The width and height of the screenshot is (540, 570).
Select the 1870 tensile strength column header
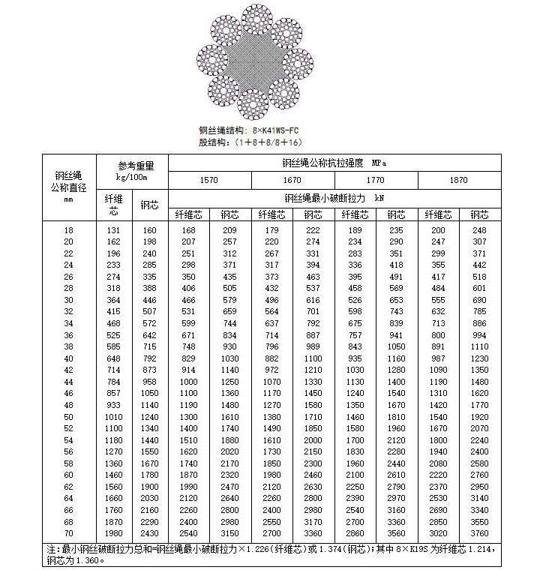click(458, 180)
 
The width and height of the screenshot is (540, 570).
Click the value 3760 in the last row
click(478, 533)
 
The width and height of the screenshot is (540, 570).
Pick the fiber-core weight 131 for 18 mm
click(113, 229)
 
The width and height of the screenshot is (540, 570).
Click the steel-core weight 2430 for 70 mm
click(149, 533)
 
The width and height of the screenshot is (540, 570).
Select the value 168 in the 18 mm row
click(188, 229)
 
